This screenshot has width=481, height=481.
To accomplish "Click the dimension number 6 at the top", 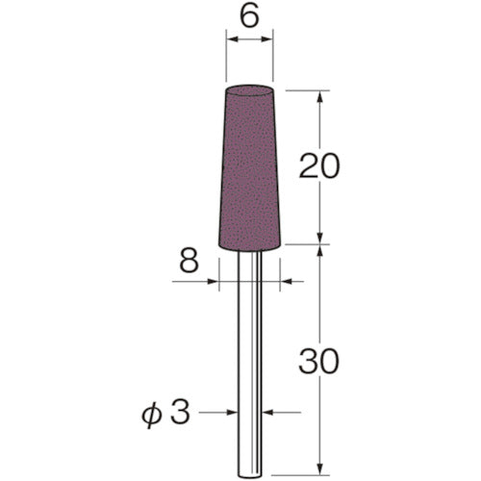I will click(249, 15).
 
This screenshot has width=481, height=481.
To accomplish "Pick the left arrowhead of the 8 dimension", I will click(214, 282).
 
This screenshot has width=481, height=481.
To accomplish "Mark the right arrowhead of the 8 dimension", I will click(285, 282).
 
